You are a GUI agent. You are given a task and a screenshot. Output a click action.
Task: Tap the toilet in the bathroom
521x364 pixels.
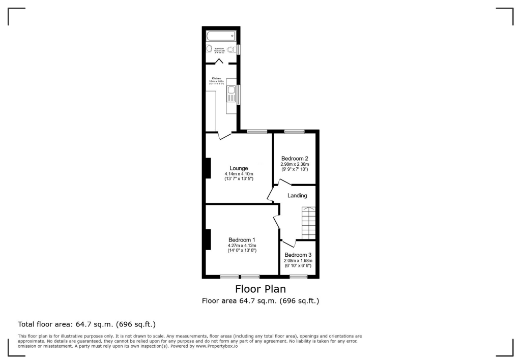(x=233, y=49)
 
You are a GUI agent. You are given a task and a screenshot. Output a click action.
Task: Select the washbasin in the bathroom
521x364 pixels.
(x=209, y=49)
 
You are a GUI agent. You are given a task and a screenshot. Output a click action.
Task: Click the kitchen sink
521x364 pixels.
(x=231, y=94)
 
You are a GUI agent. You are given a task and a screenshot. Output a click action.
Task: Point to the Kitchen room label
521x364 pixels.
(x=217, y=78)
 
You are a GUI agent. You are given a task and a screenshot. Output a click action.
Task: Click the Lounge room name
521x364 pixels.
(x=239, y=168)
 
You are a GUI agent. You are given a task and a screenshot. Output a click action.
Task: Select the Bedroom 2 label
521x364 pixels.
(x=295, y=158)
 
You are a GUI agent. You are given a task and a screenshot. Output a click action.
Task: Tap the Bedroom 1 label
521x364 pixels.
(x=242, y=240)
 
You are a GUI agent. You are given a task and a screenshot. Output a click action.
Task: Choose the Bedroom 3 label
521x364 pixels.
(x=298, y=255)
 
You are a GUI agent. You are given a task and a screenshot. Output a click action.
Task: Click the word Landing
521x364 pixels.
(x=297, y=195)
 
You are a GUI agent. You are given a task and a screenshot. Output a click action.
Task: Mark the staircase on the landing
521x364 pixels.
(x=309, y=223)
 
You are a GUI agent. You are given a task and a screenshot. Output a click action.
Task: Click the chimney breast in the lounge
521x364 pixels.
(x=208, y=168)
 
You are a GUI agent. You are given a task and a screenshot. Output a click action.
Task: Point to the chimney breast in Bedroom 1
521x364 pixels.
(x=208, y=239)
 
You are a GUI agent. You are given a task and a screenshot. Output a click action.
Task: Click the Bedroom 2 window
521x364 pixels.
(x=295, y=132)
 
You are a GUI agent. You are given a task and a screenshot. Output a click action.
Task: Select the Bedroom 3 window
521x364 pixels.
(x=299, y=277)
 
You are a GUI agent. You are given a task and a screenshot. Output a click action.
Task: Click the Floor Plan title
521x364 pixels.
(x=260, y=289)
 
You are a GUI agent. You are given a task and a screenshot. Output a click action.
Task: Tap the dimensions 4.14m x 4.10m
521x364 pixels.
(x=239, y=174)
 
